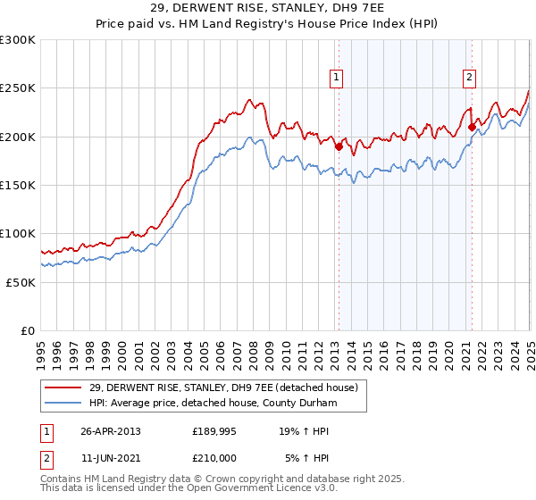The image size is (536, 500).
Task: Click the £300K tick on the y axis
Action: pos(17,40)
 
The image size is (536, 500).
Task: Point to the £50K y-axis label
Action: pos(20,282)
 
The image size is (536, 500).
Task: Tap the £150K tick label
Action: pos(17,185)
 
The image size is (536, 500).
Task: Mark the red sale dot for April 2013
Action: pos(339,147)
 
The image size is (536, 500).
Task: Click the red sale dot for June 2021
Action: pos(472,128)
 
